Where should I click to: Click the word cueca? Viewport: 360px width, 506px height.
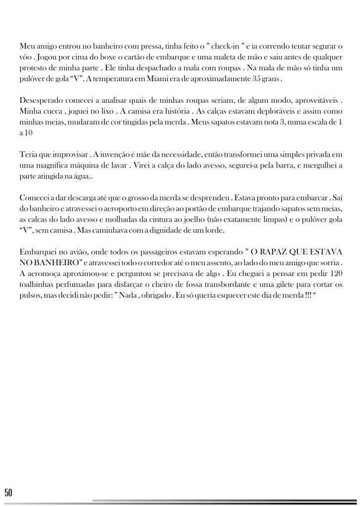pyautogui.click(x=51, y=111)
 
